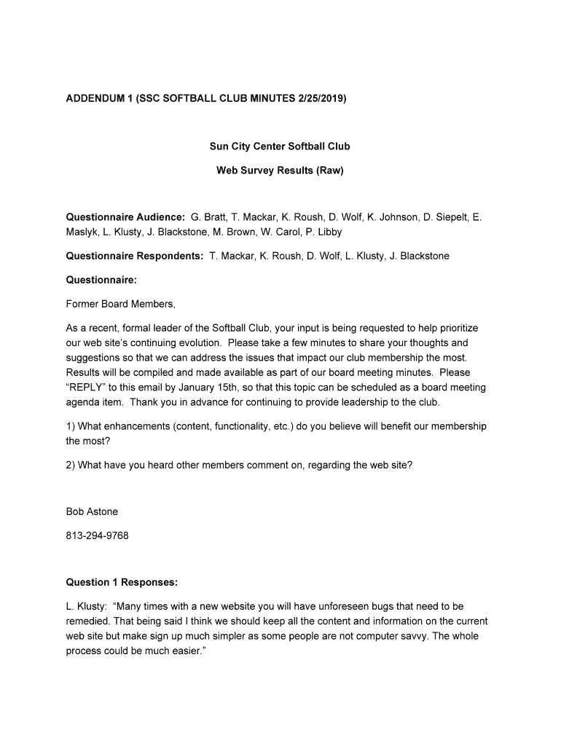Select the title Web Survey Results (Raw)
280,171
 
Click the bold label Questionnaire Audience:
125,217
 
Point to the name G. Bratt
208,217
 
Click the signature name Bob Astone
92,511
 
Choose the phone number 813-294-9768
97,535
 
